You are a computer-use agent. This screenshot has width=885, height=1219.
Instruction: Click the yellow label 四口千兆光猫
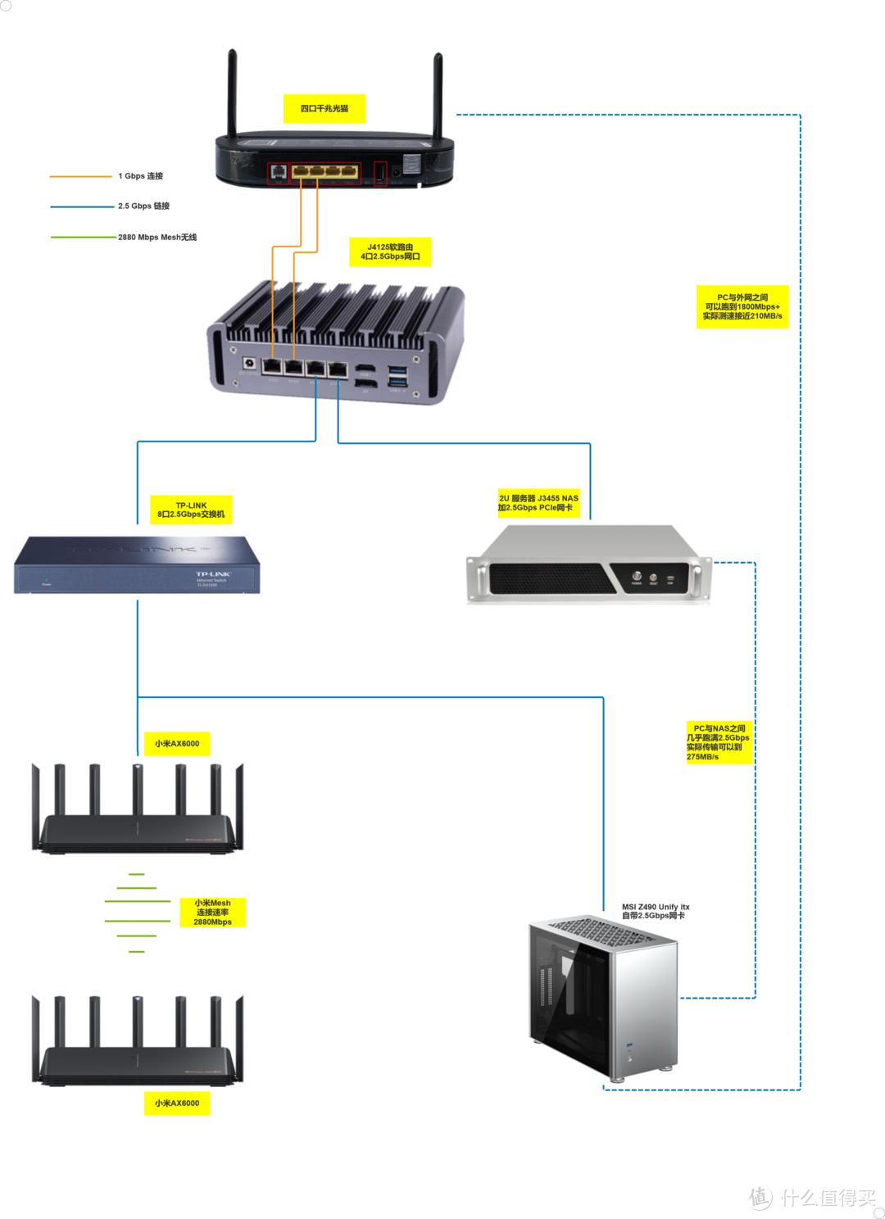pos(324,108)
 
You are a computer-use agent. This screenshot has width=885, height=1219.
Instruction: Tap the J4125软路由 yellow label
pos(390,252)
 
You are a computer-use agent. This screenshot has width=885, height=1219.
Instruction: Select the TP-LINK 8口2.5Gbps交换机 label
pos(191,510)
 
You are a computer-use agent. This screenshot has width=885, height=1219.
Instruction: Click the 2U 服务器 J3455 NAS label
pos(538,503)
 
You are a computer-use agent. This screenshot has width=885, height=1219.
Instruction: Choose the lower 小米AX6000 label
pos(176,1103)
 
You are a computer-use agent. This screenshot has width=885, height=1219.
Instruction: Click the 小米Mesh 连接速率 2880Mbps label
pos(212,912)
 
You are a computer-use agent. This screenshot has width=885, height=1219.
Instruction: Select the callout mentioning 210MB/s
pos(742,306)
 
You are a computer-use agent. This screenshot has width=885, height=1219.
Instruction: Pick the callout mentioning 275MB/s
pos(717,742)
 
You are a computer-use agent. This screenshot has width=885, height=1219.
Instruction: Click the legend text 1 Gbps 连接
pos(140,176)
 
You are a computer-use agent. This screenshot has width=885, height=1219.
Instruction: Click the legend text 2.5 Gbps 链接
pos(143,206)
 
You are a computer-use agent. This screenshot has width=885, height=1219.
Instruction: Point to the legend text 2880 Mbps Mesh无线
pos(157,238)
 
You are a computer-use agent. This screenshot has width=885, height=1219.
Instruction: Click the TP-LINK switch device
pos(137,564)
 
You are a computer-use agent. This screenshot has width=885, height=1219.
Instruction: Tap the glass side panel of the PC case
pos(570,1008)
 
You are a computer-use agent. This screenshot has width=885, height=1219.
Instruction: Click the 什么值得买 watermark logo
pos(813,1197)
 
